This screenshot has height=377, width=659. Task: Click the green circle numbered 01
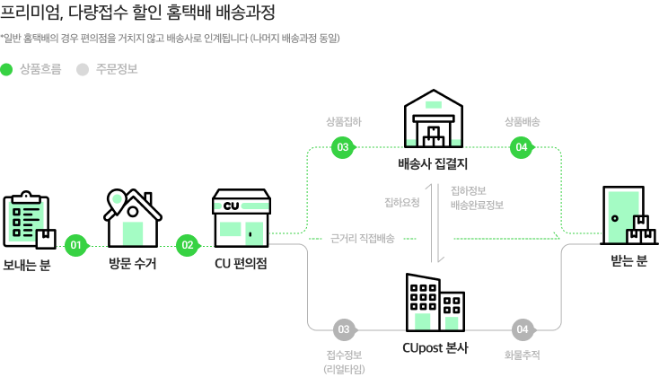coord(76,244)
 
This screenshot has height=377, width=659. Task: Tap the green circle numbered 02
coord(187,244)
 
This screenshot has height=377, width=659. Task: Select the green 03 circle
coord(342,148)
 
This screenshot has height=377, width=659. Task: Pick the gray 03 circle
coord(342,329)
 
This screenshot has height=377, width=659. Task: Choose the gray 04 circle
coord(522,329)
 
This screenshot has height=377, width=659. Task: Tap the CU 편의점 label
coord(241,264)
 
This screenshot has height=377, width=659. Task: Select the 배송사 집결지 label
coord(433,164)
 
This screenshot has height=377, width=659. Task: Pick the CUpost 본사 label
coord(435,347)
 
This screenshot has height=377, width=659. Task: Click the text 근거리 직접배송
coord(363,239)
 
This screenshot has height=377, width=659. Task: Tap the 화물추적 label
coord(522,355)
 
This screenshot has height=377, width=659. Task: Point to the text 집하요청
coord(401,202)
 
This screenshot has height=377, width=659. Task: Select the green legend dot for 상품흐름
coord(7,68)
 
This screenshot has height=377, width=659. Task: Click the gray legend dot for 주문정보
coord(83,68)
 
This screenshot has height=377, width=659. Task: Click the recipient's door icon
coord(623,215)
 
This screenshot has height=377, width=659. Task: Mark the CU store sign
coord(242,206)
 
